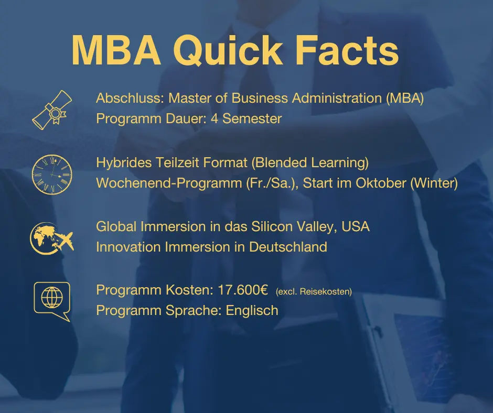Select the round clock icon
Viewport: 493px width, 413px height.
pyautogui.click(x=51, y=173)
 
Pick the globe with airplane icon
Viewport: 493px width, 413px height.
pyautogui.click(x=51, y=237)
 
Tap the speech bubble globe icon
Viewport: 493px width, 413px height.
pyautogui.click(x=51, y=300)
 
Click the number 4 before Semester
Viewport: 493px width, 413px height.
pyautogui.click(x=214, y=118)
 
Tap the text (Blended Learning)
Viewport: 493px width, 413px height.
pyautogui.click(x=310, y=163)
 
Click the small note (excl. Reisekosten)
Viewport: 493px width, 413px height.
pyautogui.click(x=314, y=291)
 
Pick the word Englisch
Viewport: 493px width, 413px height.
pyautogui.click(x=252, y=310)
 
